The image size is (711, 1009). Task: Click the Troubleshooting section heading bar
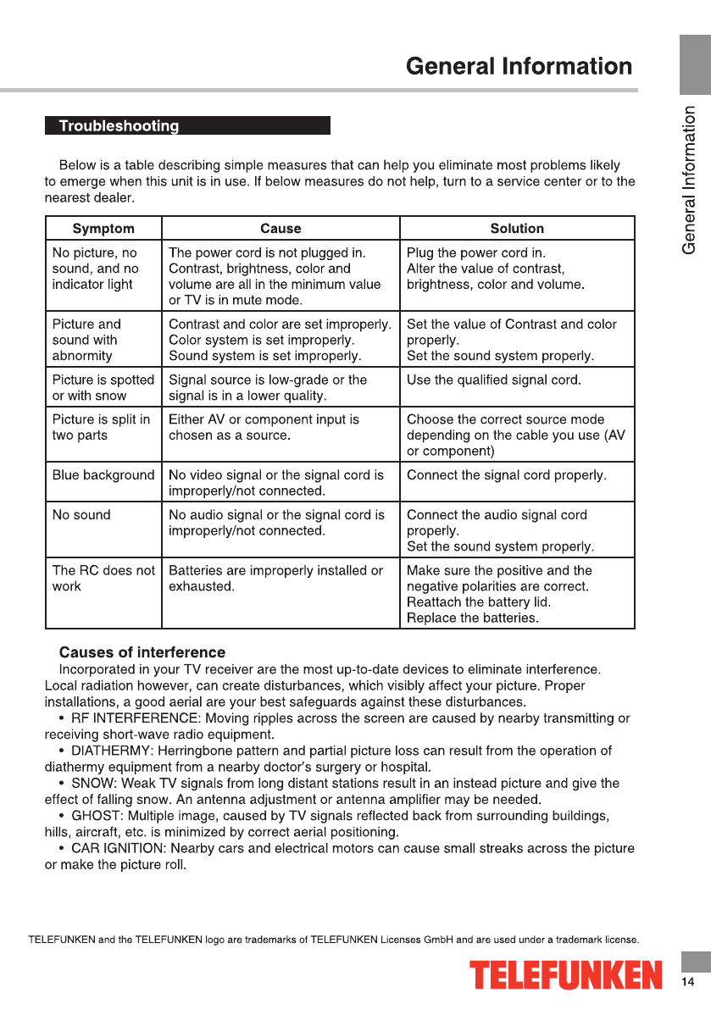pyautogui.click(x=186, y=126)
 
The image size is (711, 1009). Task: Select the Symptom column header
pyautogui.click(x=103, y=229)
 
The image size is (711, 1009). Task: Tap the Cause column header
pyautogui.click(x=281, y=229)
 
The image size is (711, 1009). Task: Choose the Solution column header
pyautogui.click(x=517, y=229)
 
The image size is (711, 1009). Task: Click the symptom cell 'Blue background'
pyautogui.click(x=103, y=475)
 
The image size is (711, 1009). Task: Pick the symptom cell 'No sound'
pyautogui.click(x=81, y=515)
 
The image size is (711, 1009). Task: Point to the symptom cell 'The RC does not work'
pyautogui.click(x=103, y=579)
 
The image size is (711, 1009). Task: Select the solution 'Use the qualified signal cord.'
pyautogui.click(x=493, y=380)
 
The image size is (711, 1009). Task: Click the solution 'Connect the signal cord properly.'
pyautogui.click(x=506, y=475)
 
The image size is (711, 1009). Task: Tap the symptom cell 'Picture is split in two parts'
pyautogui.click(x=101, y=428)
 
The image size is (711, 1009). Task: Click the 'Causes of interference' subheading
pyautogui.click(x=142, y=652)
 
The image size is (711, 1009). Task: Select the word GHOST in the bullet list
pyautogui.click(x=95, y=816)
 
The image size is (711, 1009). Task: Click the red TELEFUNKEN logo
pyautogui.click(x=565, y=975)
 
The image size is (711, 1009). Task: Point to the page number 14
pyautogui.click(x=687, y=982)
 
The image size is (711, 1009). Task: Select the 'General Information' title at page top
pyautogui.click(x=519, y=67)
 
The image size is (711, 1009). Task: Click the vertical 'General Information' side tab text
pyautogui.click(x=691, y=180)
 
